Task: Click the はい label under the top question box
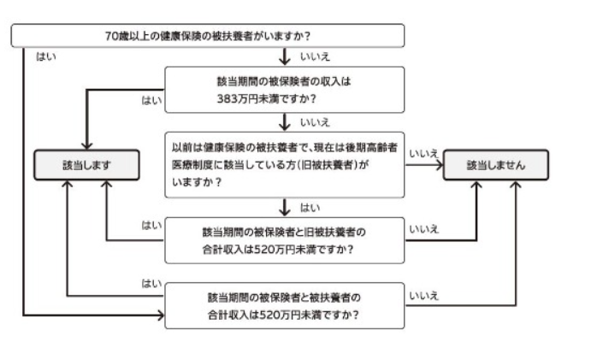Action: [x=45, y=56]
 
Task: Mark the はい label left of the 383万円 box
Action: [x=151, y=100]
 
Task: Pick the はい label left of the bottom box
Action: [x=151, y=283]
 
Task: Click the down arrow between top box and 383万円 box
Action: [x=286, y=58]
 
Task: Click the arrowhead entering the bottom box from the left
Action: [x=160, y=316]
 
